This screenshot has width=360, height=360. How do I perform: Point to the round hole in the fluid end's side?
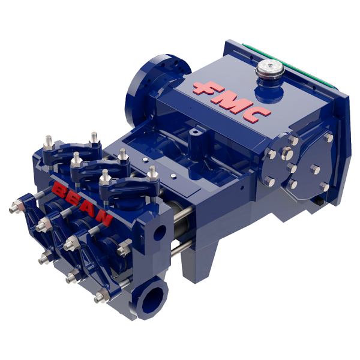[158, 232]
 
